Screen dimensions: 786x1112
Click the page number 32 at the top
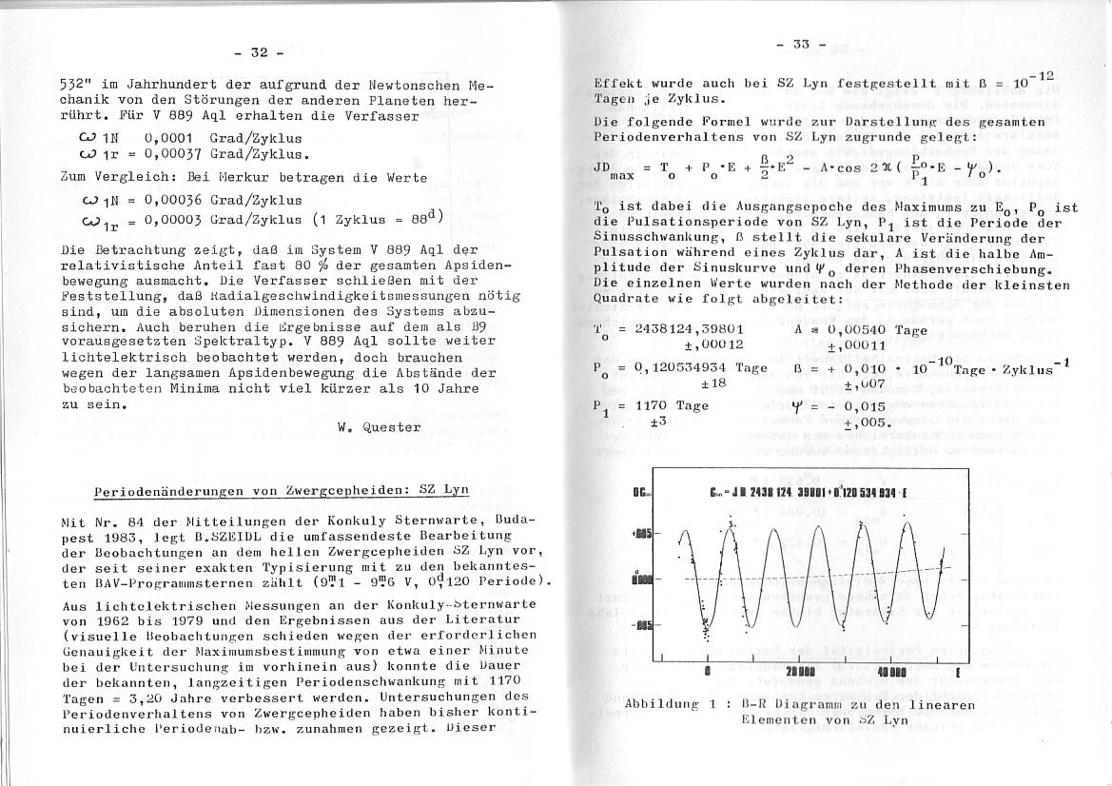click(258, 52)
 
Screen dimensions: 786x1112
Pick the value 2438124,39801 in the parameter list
click(680, 328)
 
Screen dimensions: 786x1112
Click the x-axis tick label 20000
click(811, 671)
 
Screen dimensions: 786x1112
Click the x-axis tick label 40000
click(890, 671)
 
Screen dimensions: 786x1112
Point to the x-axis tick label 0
click(706, 671)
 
